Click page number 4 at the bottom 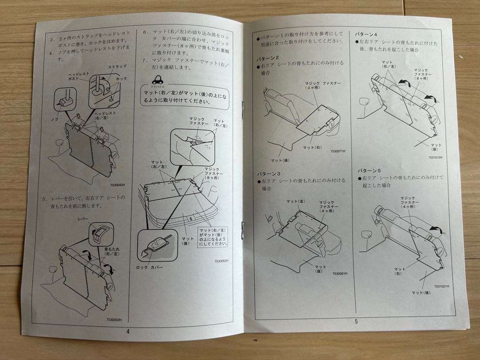128,331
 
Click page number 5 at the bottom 356,321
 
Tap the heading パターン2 268,58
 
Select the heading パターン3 268,173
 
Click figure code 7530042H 117,185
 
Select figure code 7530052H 114,319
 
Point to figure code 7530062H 222,261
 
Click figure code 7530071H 338,151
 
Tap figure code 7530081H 340,274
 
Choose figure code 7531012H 436,157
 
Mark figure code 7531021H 441,287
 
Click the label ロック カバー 149,267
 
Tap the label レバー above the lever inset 83,219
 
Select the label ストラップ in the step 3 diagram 117,66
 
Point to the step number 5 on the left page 44,199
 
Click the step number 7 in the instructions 144,60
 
